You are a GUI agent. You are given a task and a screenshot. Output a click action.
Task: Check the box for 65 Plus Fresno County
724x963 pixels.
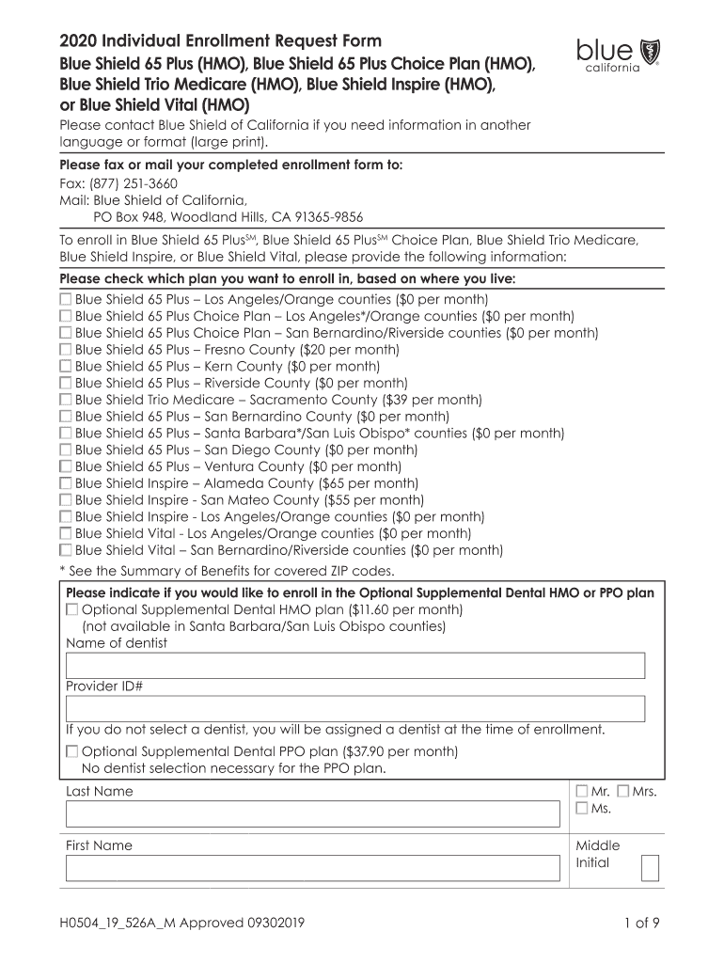66,350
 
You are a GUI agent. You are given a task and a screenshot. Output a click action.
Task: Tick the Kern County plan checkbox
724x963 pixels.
66,366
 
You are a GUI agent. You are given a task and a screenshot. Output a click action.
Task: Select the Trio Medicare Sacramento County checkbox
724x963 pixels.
66,400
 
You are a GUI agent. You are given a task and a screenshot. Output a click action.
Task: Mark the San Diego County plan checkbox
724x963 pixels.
66,450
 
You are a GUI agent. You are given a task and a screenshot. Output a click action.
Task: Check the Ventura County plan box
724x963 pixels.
66,466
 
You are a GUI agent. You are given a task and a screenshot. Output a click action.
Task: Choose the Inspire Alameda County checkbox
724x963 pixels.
66,483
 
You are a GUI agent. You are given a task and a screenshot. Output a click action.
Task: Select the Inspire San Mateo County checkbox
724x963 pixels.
66,500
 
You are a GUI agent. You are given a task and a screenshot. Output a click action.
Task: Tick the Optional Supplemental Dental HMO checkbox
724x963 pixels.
72,610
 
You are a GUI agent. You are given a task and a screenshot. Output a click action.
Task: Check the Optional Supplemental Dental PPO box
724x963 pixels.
72,751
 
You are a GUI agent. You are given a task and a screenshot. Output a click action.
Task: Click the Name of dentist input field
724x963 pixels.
354,666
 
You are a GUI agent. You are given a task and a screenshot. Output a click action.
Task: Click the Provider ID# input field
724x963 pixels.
354,709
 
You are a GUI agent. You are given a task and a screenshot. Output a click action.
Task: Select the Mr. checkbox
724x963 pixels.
582,791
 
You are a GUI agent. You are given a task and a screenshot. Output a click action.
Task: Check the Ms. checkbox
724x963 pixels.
582,808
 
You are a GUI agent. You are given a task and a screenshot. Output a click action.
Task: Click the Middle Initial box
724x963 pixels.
650,868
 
